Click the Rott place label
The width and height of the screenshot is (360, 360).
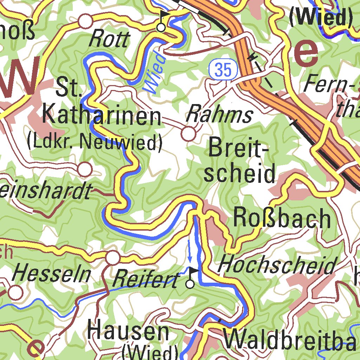(109, 39)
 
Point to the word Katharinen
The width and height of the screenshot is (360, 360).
(102, 117)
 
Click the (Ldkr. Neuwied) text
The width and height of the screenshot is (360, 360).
(95, 142)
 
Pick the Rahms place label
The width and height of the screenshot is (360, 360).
(219, 115)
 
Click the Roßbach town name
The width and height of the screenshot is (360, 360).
(282, 218)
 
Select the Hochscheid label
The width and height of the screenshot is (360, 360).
(277, 265)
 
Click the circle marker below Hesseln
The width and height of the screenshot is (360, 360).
(15, 292)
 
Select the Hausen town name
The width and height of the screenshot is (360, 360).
(128, 331)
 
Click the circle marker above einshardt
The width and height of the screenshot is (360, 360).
(85, 169)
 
